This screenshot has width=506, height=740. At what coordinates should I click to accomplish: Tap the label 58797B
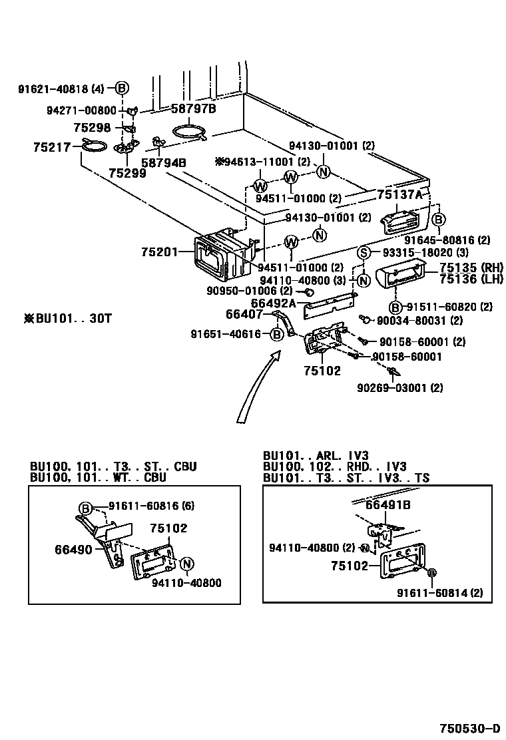(194, 108)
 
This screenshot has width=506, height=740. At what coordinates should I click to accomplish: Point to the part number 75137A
(399, 194)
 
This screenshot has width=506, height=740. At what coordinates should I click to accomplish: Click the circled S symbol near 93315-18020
(364, 252)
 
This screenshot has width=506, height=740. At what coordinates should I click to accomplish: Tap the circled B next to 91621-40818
(122, 88)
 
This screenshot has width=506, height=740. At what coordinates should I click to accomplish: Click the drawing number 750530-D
(469, 727)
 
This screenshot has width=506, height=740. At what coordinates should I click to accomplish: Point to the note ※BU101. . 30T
(67, 319)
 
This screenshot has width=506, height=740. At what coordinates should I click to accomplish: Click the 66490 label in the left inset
(73, 550)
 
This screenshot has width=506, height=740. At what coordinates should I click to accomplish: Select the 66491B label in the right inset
(387, 505)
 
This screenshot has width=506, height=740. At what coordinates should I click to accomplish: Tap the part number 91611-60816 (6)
(142, 506)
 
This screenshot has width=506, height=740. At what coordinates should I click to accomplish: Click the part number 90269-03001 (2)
(399, 387)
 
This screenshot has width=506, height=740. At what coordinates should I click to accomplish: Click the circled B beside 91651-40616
(277, 335)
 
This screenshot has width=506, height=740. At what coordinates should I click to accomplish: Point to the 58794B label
(163, 162)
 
